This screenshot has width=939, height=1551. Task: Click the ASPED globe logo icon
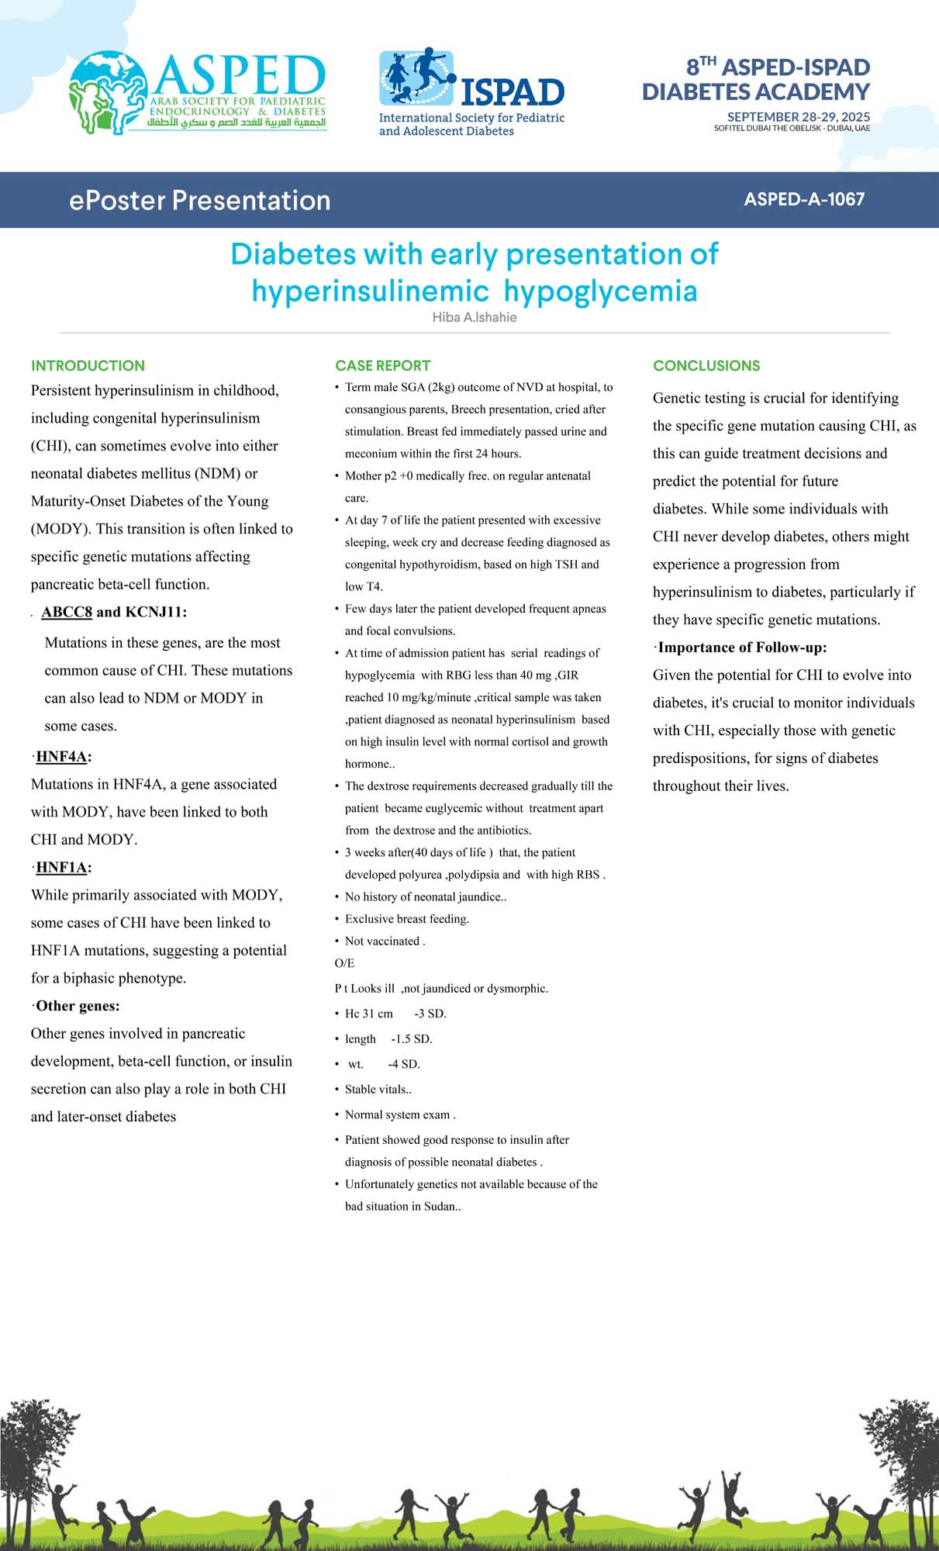(108, 92)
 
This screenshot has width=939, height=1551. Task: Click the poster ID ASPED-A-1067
(804, 199)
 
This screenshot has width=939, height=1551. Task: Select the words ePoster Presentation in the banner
(199, 200)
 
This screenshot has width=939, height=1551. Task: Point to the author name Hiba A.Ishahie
(475, 317)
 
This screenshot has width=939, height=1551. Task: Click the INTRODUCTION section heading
(88, 365)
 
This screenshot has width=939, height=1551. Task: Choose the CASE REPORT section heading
(382, 365)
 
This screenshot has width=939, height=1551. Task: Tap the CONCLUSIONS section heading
(706, 365)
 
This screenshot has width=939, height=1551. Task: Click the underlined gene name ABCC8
(67, 612)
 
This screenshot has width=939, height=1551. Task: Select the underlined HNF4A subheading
(61, 757)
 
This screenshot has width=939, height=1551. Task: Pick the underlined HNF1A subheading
(61, 868)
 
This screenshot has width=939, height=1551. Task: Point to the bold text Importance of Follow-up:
(742, 648)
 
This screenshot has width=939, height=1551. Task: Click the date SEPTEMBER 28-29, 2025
(798, 117)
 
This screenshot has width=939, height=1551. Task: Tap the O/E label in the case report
(344, 963)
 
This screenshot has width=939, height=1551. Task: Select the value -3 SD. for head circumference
(430, 1014)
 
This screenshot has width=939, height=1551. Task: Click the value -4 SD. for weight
(403, 1064)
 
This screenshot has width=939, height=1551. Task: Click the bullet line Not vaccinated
(385, 941)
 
